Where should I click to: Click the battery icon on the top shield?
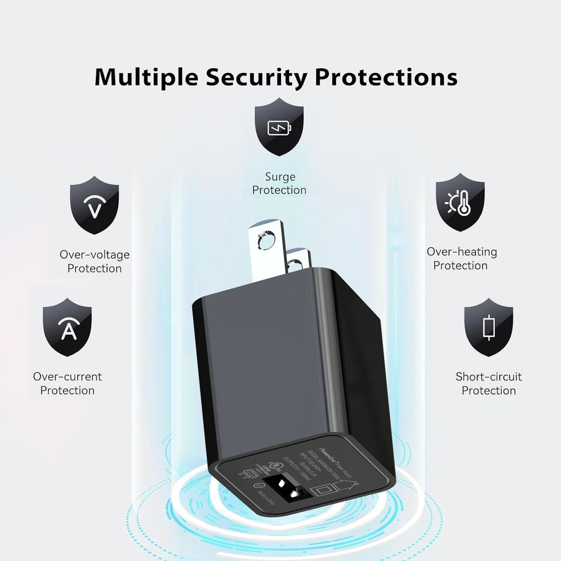tap(279, 127)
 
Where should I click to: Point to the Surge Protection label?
tap(279, 183)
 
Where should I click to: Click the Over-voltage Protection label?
tap(94, 262)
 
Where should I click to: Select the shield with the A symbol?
tap(67, 328)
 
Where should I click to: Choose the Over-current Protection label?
tap(67, 383)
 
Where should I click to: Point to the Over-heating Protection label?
tap(461, 259)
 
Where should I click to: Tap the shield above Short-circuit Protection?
tap(489, 327)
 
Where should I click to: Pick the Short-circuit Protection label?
tap(489, 383)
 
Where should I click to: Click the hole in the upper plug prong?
tap(266, 239)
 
